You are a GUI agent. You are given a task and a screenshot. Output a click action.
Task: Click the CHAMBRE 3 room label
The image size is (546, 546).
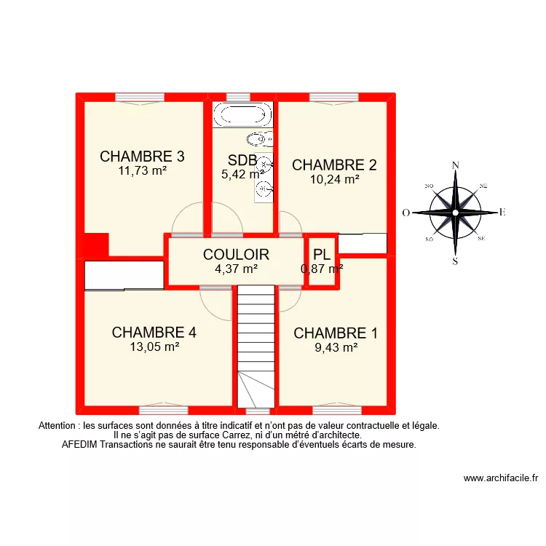(142, 157)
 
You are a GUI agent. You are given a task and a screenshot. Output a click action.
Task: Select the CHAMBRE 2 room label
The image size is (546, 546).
(334, 165)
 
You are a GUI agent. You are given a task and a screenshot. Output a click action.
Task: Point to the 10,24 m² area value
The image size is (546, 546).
(335, 179)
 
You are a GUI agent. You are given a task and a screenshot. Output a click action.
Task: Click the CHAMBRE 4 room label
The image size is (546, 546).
(154, 333)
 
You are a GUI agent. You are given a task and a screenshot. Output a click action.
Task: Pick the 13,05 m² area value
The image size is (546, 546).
(154, 347)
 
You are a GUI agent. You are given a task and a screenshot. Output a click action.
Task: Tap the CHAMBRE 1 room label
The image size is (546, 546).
(336, 333)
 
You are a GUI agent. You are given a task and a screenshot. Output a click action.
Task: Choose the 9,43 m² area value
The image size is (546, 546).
(336, 347)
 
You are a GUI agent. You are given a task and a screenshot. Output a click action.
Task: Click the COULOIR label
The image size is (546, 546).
(237, 255)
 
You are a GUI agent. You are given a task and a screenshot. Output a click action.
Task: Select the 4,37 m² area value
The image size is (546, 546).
(237, 268)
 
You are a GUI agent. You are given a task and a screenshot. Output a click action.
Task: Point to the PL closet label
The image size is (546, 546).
(322, 255)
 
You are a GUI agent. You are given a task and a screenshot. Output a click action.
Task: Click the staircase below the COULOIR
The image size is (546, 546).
(255, 342)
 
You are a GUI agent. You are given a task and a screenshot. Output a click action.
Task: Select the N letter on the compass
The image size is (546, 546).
(456, 165)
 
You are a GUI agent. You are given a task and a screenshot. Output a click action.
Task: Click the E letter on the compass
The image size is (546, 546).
(502, 213)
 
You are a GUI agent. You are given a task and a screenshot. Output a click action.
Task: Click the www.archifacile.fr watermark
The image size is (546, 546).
(500, 478)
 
